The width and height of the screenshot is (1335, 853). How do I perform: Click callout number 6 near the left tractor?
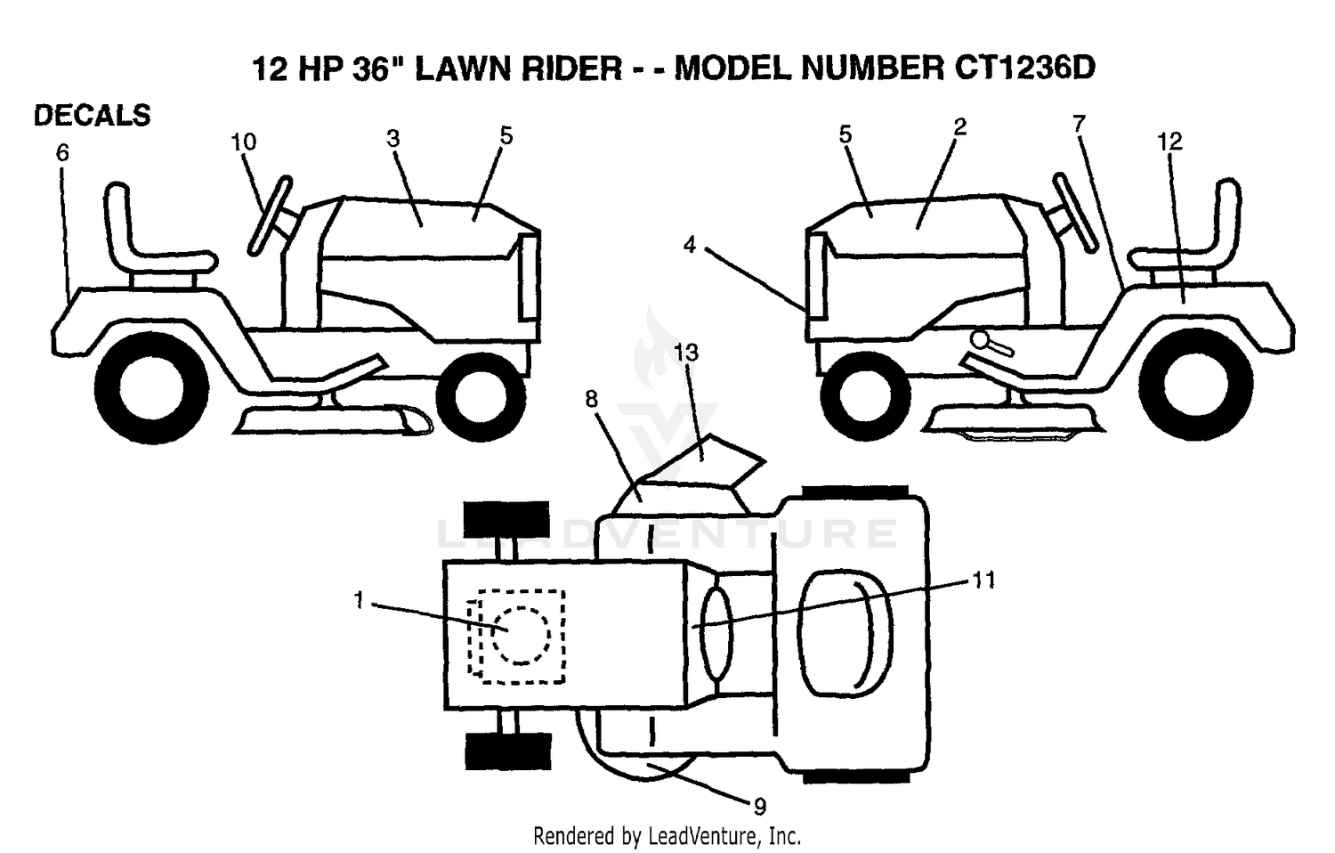click(x=62, y=153)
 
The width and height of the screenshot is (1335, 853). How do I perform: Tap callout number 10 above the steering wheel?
click(x=243, y=142)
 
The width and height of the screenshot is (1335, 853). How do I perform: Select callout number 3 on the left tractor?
click(x=392, y=138)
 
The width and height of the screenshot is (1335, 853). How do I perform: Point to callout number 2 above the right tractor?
click(x=959, y=127)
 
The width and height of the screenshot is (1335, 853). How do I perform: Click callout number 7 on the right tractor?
click(x=1079, y=124)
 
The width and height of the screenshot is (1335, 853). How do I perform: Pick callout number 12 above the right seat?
click(x=1170, y=142)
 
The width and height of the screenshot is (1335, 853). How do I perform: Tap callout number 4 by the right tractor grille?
click(x=690, y=244)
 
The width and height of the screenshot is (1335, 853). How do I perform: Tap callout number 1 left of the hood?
click(x=359, y=600)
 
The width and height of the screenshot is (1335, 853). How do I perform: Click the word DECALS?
click(x=93, y=115)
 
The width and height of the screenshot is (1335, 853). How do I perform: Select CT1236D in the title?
click(x=1025, y=69)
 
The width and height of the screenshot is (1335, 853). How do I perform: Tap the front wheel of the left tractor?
click(x=481, y=396)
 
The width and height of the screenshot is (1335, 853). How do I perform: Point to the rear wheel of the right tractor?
click(x=1195, y=385)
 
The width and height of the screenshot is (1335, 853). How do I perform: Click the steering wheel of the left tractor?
click(x=270, y=215)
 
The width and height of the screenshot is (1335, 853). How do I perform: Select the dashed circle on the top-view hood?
click(x=521, y=635)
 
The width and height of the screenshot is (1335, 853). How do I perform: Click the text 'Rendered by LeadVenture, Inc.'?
click(x=667, y=836)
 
